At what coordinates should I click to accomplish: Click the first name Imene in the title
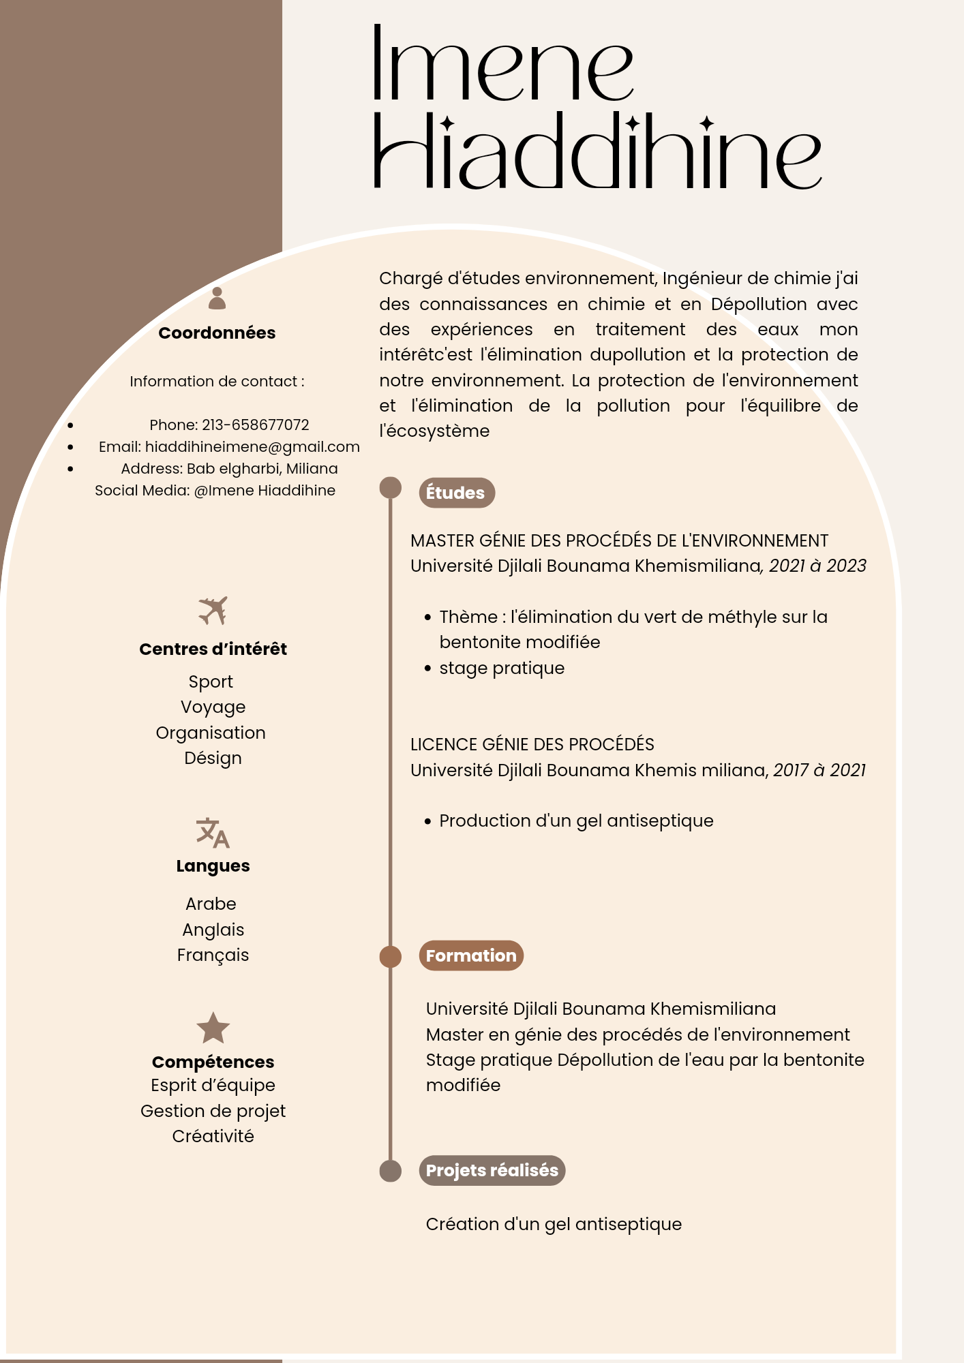(503, 65)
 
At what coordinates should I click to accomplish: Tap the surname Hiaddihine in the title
(597, 151)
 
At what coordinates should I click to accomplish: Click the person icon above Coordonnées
(217, 298)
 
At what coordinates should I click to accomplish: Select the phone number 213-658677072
(255, 425)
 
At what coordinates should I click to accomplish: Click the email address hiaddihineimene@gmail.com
(252, 447)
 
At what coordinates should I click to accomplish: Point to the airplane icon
(213, 611)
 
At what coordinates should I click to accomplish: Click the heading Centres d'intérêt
(213, 649)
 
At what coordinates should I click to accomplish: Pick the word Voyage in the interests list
(213, 707)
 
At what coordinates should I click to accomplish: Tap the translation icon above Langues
(213, 833)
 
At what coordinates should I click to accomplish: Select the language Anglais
(213, 930)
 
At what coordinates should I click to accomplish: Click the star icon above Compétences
(213, 1028)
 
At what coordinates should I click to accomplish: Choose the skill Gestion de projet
(213, 1111)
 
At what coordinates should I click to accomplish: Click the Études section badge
(456, 493)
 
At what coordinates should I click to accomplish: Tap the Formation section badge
(471, 955)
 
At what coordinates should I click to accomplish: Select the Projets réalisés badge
(492, 1170)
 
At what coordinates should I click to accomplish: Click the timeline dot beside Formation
(391, 957)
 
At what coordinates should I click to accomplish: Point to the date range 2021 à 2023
(817, 566)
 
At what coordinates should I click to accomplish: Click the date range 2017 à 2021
(819, 770)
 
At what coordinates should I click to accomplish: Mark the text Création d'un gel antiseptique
(554, 1225)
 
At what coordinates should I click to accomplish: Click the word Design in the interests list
(213, 758)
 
